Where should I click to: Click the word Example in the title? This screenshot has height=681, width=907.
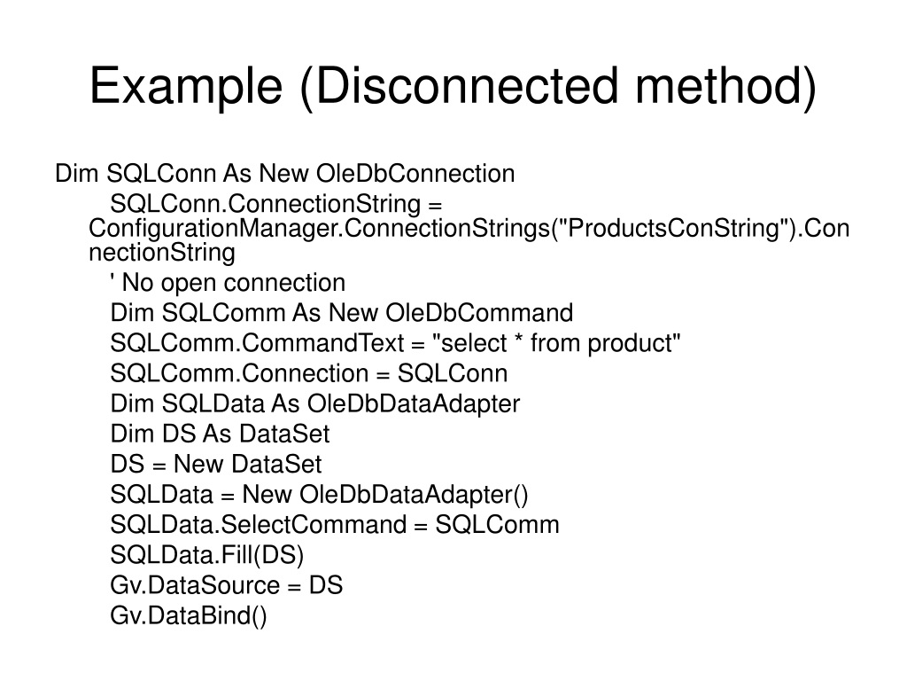tap(186, 86)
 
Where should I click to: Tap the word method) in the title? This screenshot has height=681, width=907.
tap(726, 86)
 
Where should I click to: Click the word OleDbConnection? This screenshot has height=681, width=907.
tap(415, 174)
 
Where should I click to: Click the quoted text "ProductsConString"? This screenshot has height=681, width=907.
tap(674, 228)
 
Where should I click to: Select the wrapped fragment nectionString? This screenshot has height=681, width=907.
tap(162, 253)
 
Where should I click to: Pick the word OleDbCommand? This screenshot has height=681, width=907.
tap(479, 313)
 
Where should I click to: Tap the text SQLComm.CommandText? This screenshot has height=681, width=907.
tap(257, 343)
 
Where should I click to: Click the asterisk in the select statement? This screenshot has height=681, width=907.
tap(519, 338)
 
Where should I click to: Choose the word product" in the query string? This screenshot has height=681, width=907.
tap(634, 343)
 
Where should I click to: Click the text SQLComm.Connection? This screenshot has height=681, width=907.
tap(239, 373)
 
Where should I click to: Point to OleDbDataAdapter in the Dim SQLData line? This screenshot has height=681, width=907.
tap(414, 404)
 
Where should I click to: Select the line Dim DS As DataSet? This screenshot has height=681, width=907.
tap(220, 434)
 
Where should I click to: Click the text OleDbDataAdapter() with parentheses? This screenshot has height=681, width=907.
tap(414, 495)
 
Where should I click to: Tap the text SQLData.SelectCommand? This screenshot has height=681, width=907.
tap(258, 525)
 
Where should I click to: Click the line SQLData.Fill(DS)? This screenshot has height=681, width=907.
tap(206, 555)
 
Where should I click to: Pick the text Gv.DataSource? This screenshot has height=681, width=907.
tap(194, 585)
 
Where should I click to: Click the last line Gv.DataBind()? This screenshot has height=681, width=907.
tap(189, 615)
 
